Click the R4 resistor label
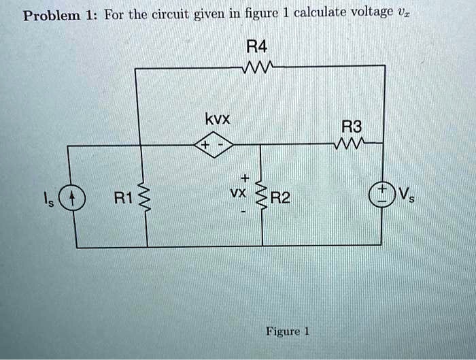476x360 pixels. click(258, 48)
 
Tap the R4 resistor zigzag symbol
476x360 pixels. click(258, 67)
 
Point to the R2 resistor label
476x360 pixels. click(280, 199)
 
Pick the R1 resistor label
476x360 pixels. click(122, 199)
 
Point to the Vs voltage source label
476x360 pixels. click(405, 196)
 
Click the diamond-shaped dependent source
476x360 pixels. click(214, 144)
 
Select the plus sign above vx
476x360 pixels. click(245, 178)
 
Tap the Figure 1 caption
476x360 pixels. click(288, 331)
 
